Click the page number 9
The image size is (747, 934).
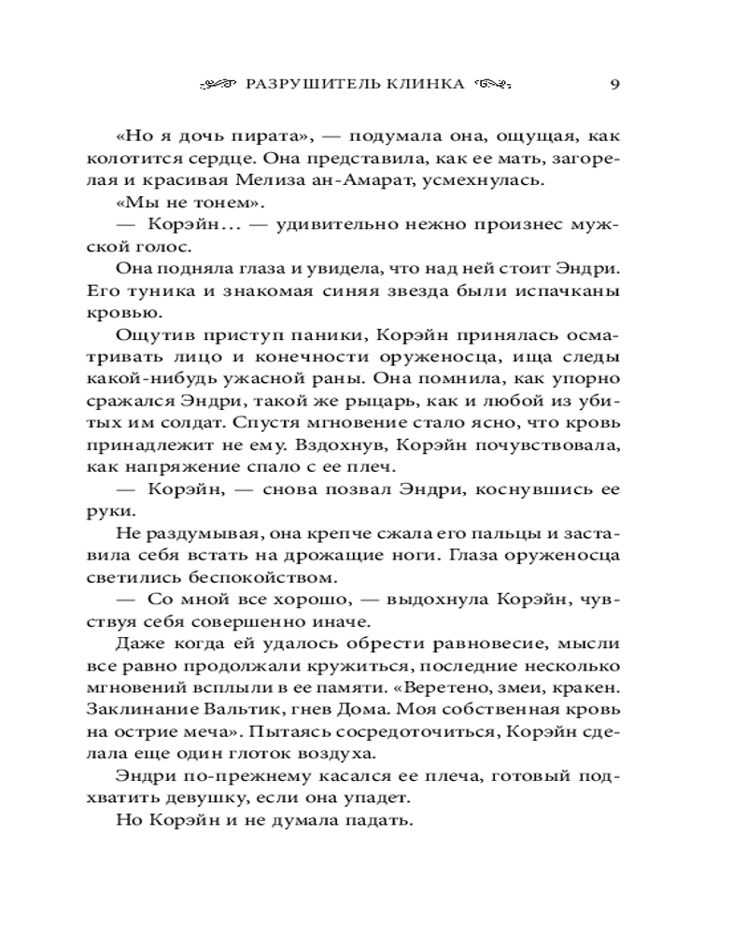click(x=614, y=83)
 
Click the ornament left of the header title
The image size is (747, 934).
click(x=218, y=83)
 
